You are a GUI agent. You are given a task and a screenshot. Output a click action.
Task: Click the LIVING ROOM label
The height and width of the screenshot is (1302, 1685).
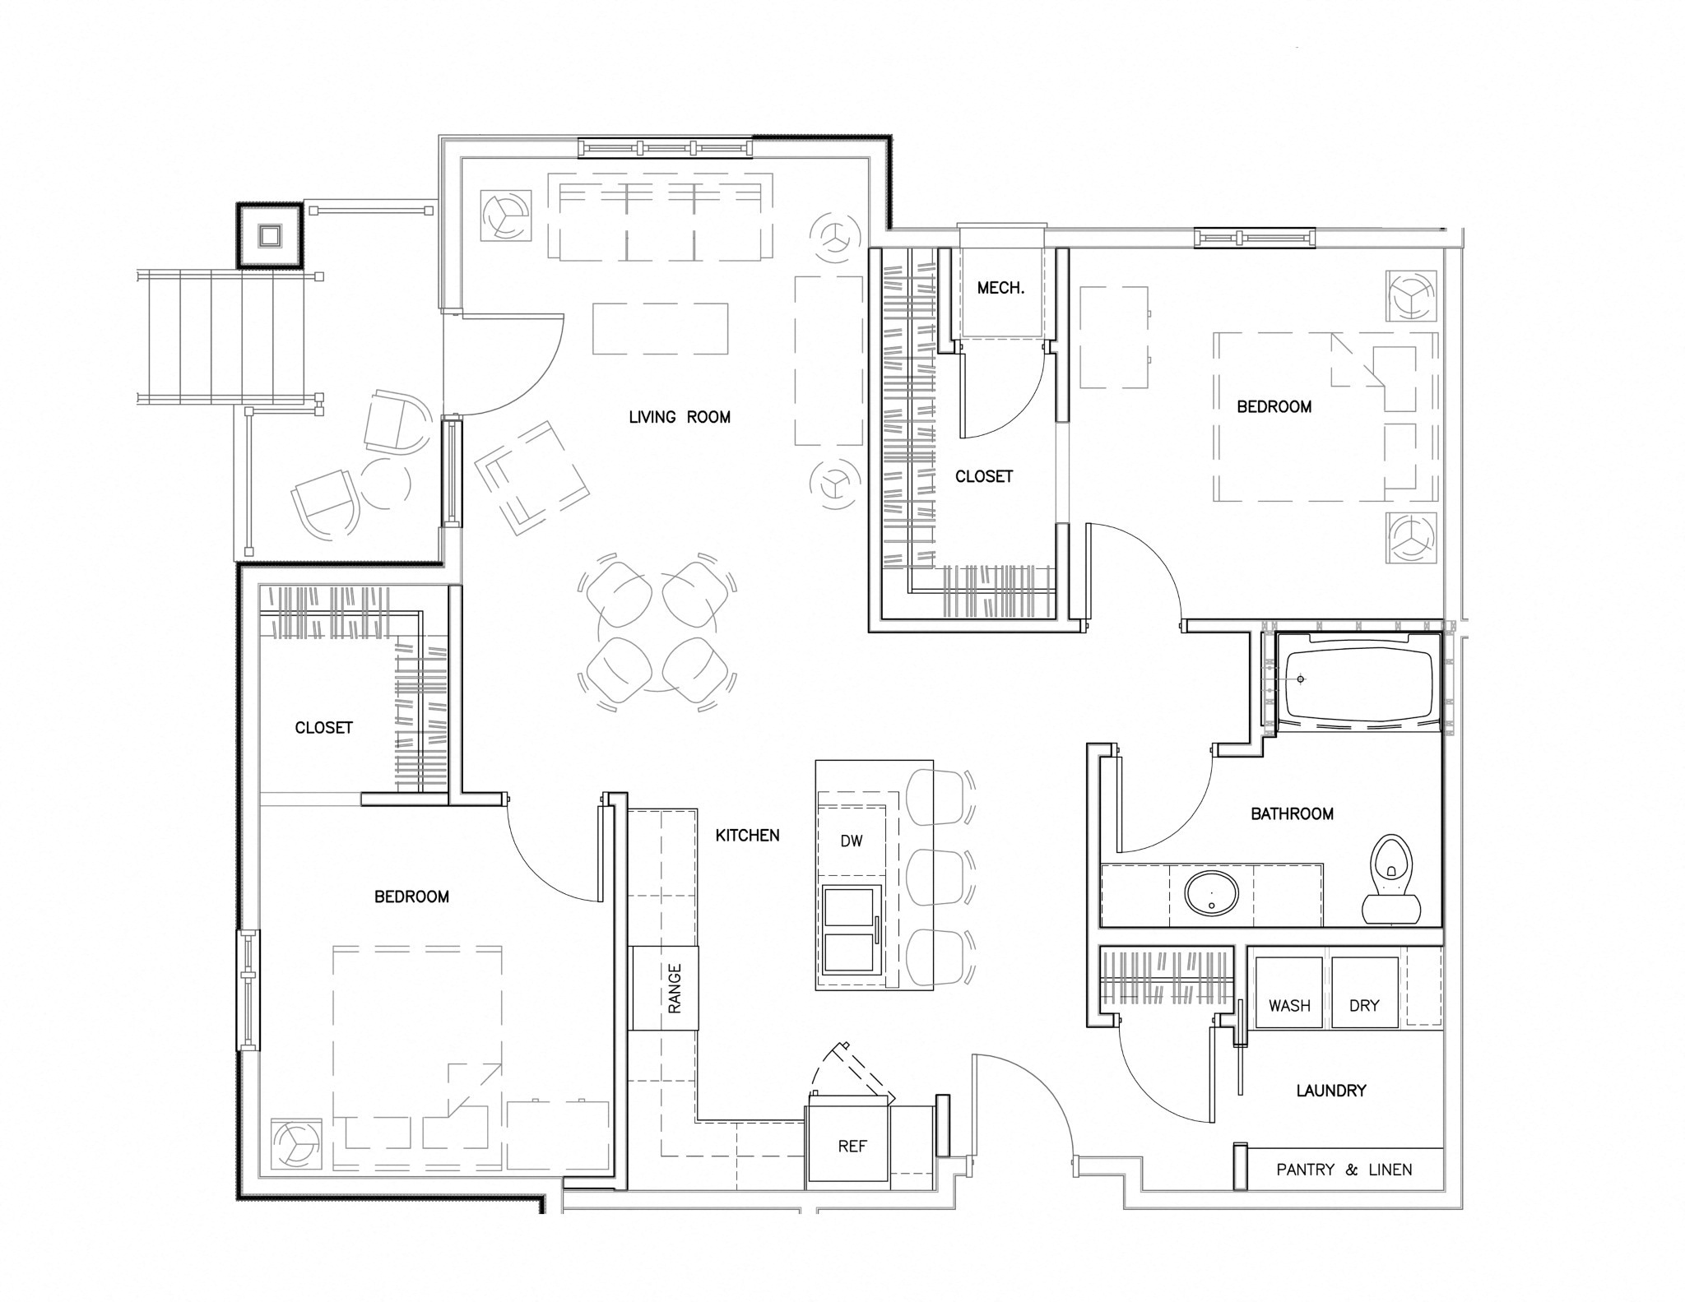coord(680,417)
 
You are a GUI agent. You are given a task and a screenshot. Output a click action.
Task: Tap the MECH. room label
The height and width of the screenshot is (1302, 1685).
coord(1000,288)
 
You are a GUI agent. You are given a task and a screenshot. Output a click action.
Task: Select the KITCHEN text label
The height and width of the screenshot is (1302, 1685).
coord(747,836)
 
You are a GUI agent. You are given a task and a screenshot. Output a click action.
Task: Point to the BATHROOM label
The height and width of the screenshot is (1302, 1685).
coord(1292,813)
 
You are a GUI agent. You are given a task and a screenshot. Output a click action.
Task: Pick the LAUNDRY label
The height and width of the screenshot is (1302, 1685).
coord(1331,1091)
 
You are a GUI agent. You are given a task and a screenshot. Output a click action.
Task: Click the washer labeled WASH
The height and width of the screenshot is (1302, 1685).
coord(1288,993)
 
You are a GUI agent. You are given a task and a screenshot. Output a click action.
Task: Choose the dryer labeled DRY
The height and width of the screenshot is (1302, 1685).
coord(1365,993)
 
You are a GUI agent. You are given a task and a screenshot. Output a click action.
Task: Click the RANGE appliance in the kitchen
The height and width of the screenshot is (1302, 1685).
coord(664,988)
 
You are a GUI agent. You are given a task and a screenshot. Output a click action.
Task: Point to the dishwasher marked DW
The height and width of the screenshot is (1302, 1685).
coord(852,841)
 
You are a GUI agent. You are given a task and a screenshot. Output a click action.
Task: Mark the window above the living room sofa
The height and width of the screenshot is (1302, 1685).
coord(666,147)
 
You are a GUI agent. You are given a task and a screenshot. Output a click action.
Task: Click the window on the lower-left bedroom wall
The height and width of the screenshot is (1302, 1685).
coord(248,990)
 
